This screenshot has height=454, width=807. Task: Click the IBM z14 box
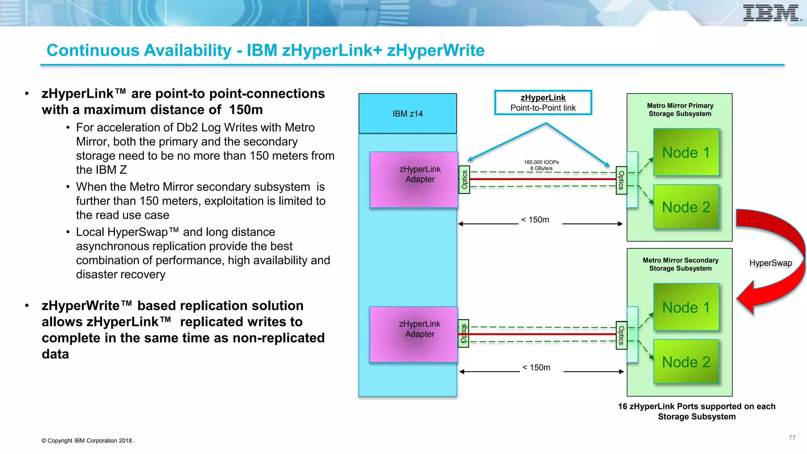407,113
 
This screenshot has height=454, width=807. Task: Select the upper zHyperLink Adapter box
414,179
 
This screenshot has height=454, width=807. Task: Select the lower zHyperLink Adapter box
413,334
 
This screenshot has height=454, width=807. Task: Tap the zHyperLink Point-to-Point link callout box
543,103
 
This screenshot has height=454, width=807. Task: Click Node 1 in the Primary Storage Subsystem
686,153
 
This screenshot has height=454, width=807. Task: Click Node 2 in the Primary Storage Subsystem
686,207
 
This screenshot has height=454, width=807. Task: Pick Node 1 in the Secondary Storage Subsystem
686,307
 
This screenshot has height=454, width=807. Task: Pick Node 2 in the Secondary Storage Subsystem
686,362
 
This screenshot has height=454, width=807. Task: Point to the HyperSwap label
770,263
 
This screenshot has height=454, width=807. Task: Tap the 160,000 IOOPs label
541,162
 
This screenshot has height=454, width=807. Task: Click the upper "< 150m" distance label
535,220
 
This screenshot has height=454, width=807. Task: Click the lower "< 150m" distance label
536,368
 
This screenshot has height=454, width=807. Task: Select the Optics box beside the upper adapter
464,180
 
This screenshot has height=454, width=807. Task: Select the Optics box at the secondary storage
621,335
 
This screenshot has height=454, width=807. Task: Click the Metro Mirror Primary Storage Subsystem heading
680,110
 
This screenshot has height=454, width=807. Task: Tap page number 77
792,438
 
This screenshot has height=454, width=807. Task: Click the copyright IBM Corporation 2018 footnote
87,441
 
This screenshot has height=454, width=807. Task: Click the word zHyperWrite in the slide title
435,50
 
